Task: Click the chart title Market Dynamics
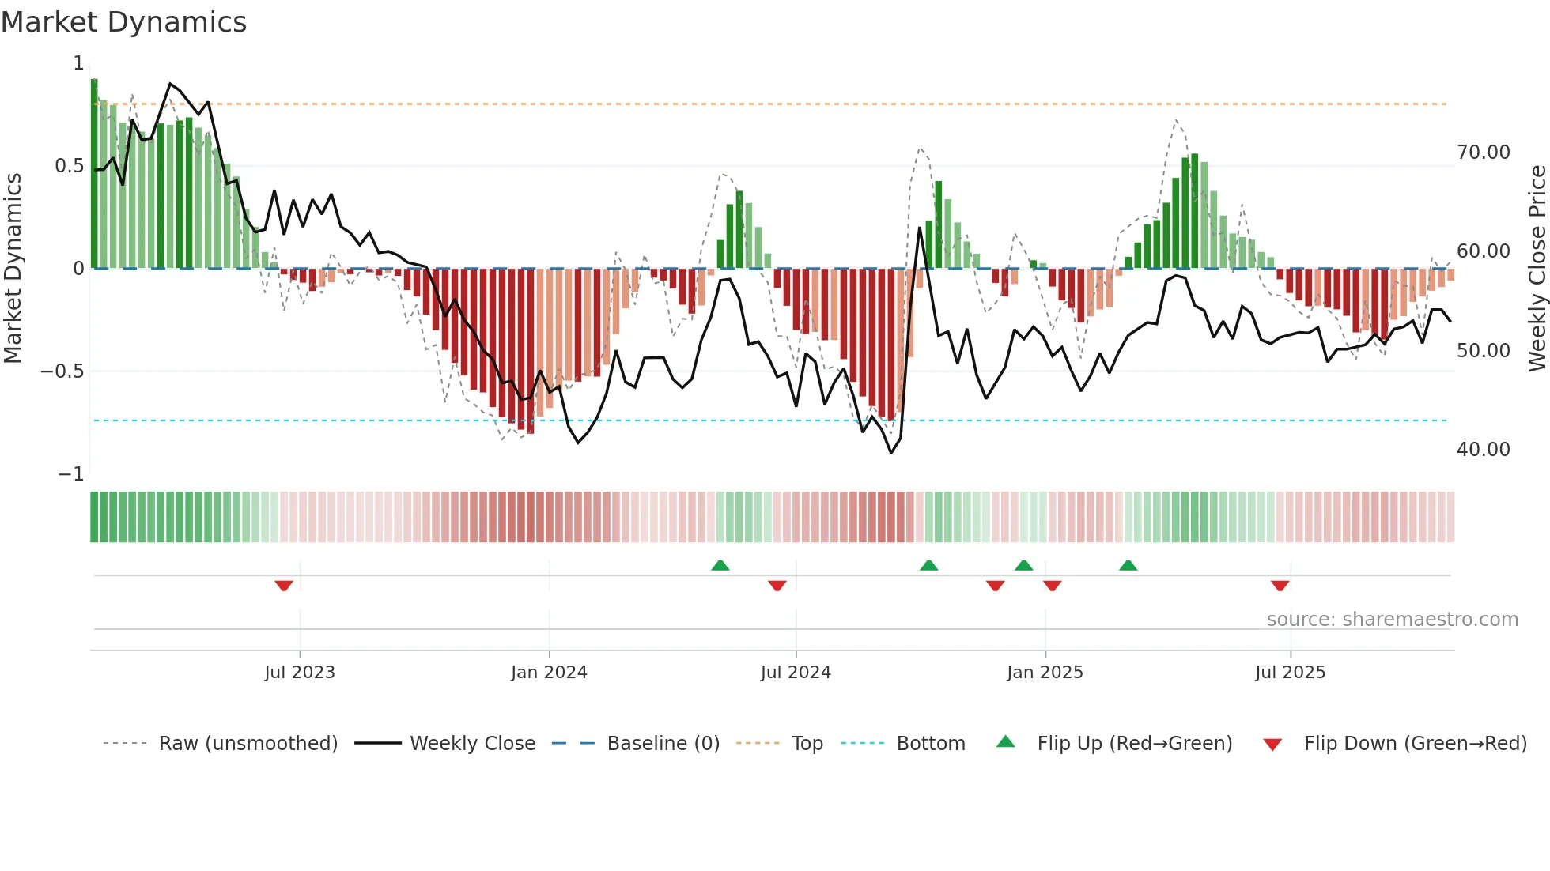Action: point(123,22)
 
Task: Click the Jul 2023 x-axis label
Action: point(300,673)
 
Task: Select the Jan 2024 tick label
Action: point(549,673)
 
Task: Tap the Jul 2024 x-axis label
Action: point(796,673)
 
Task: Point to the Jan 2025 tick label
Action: point(1045,673)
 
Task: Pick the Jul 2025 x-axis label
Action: point(1290,673)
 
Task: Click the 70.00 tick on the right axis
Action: point(1483,153)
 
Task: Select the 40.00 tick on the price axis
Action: point(1483,450)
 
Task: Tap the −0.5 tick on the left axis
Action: point(62,371)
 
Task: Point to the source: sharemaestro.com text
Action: point(1392,620)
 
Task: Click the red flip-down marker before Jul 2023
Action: point(284,585)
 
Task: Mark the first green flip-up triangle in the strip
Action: point(720,566)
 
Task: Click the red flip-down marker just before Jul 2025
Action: point(1280,585)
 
